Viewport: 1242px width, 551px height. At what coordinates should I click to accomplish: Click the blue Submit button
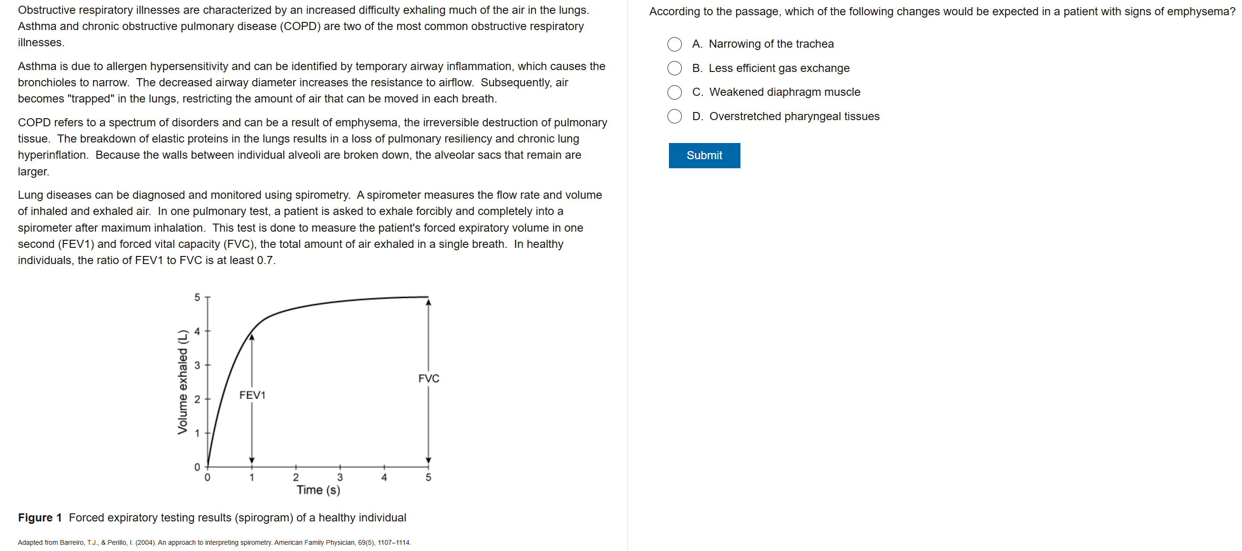[704, 155]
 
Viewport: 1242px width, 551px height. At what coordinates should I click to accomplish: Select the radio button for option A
[674, 44]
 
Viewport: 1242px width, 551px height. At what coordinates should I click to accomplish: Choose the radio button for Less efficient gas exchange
[674, 69]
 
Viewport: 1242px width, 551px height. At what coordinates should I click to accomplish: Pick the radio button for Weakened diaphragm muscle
[674, 92]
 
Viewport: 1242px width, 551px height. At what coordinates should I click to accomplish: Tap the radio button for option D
[674, 116]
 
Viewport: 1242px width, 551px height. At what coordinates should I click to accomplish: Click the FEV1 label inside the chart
[252, 395]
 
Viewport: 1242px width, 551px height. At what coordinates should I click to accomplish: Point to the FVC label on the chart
[429, 378]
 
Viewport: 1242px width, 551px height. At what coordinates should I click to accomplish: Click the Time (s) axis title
[318, 490]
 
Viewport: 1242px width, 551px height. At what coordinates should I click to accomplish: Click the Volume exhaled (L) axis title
[182, 382]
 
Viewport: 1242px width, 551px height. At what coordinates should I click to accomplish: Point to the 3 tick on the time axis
[340, 477]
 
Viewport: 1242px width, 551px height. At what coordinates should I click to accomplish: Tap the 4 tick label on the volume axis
[197, 331]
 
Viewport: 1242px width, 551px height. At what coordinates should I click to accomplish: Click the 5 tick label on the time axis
[428, 477]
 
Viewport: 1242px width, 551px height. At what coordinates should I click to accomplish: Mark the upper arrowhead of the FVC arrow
[429, 302]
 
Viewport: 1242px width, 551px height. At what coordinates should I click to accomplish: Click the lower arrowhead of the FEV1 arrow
[252, 460]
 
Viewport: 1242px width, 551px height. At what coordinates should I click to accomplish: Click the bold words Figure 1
[40, 517]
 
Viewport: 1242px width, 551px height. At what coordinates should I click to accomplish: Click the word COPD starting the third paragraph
[34, 122]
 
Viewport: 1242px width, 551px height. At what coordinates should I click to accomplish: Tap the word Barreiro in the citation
[72, 542]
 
